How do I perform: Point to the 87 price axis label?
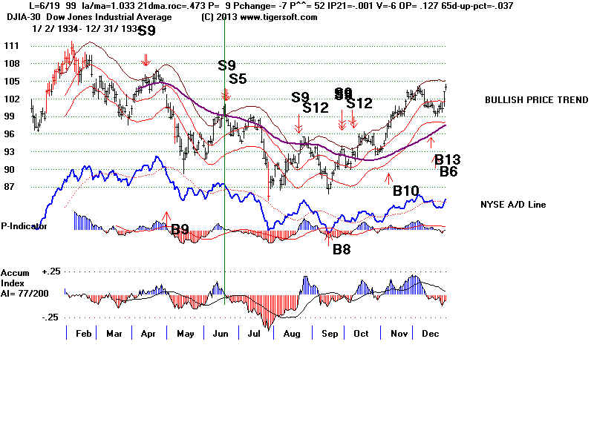(10, 187)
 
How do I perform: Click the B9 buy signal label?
(180, 229)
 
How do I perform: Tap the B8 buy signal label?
(342, 249)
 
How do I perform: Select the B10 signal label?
(406, 191)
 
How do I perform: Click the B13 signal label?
(448, 159)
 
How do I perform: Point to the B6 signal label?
(448, 171)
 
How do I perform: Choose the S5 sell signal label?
(238, 79)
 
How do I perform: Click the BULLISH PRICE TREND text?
(535, 100)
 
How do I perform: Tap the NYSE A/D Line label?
(513, 204)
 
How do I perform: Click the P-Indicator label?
(24, 226)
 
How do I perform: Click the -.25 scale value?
(50, 317)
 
